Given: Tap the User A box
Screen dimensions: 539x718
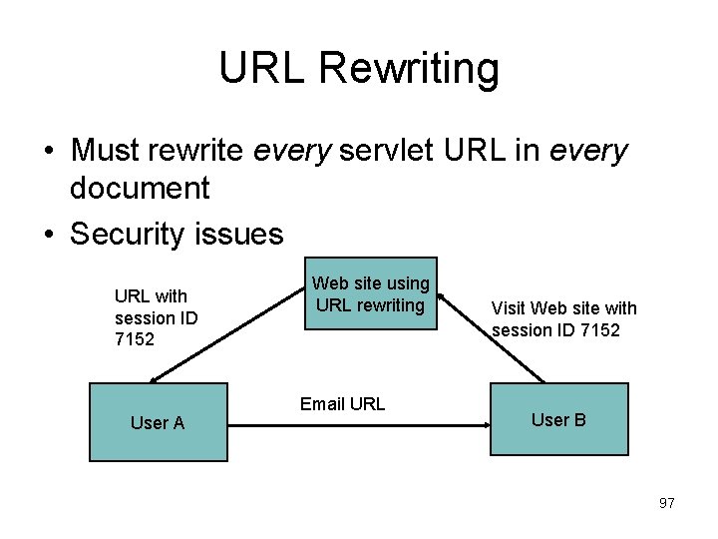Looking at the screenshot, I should pyautogui.click(x=159, y=422).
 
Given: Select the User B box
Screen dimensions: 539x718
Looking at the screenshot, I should pyautogui.click(x=558, y=419).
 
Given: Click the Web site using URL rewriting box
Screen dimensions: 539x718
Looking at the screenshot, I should pyautogui.click(x=371, y=295).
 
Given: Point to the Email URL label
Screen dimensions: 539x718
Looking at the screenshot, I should pyautogui.click(x=342, y=404).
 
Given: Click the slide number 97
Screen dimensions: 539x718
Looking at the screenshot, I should pyautogui.click(x=666, y=503).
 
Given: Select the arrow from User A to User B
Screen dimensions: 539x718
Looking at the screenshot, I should pyautogui.click(x=359, y=423).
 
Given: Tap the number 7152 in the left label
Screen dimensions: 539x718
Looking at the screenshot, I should pyautogui.click(x=135, y=339).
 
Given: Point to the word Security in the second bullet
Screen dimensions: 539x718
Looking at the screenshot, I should pyautogui.click(x=129, y=234).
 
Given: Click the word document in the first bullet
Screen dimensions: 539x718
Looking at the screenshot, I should pyautogui.click(x=140, y=188).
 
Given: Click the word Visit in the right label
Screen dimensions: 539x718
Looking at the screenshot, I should pyautogui.click(x=509, y=308).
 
